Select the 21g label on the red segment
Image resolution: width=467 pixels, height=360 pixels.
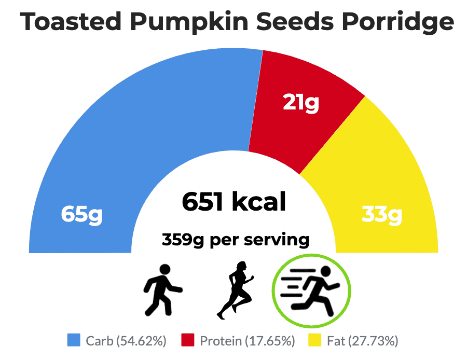300,103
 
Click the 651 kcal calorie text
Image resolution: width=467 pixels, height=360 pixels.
234,201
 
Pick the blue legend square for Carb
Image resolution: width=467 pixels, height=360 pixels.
74,340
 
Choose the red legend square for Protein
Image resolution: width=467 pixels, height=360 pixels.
188,340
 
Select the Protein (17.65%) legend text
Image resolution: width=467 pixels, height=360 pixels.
247,341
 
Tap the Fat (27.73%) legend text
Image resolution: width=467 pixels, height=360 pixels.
362,341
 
